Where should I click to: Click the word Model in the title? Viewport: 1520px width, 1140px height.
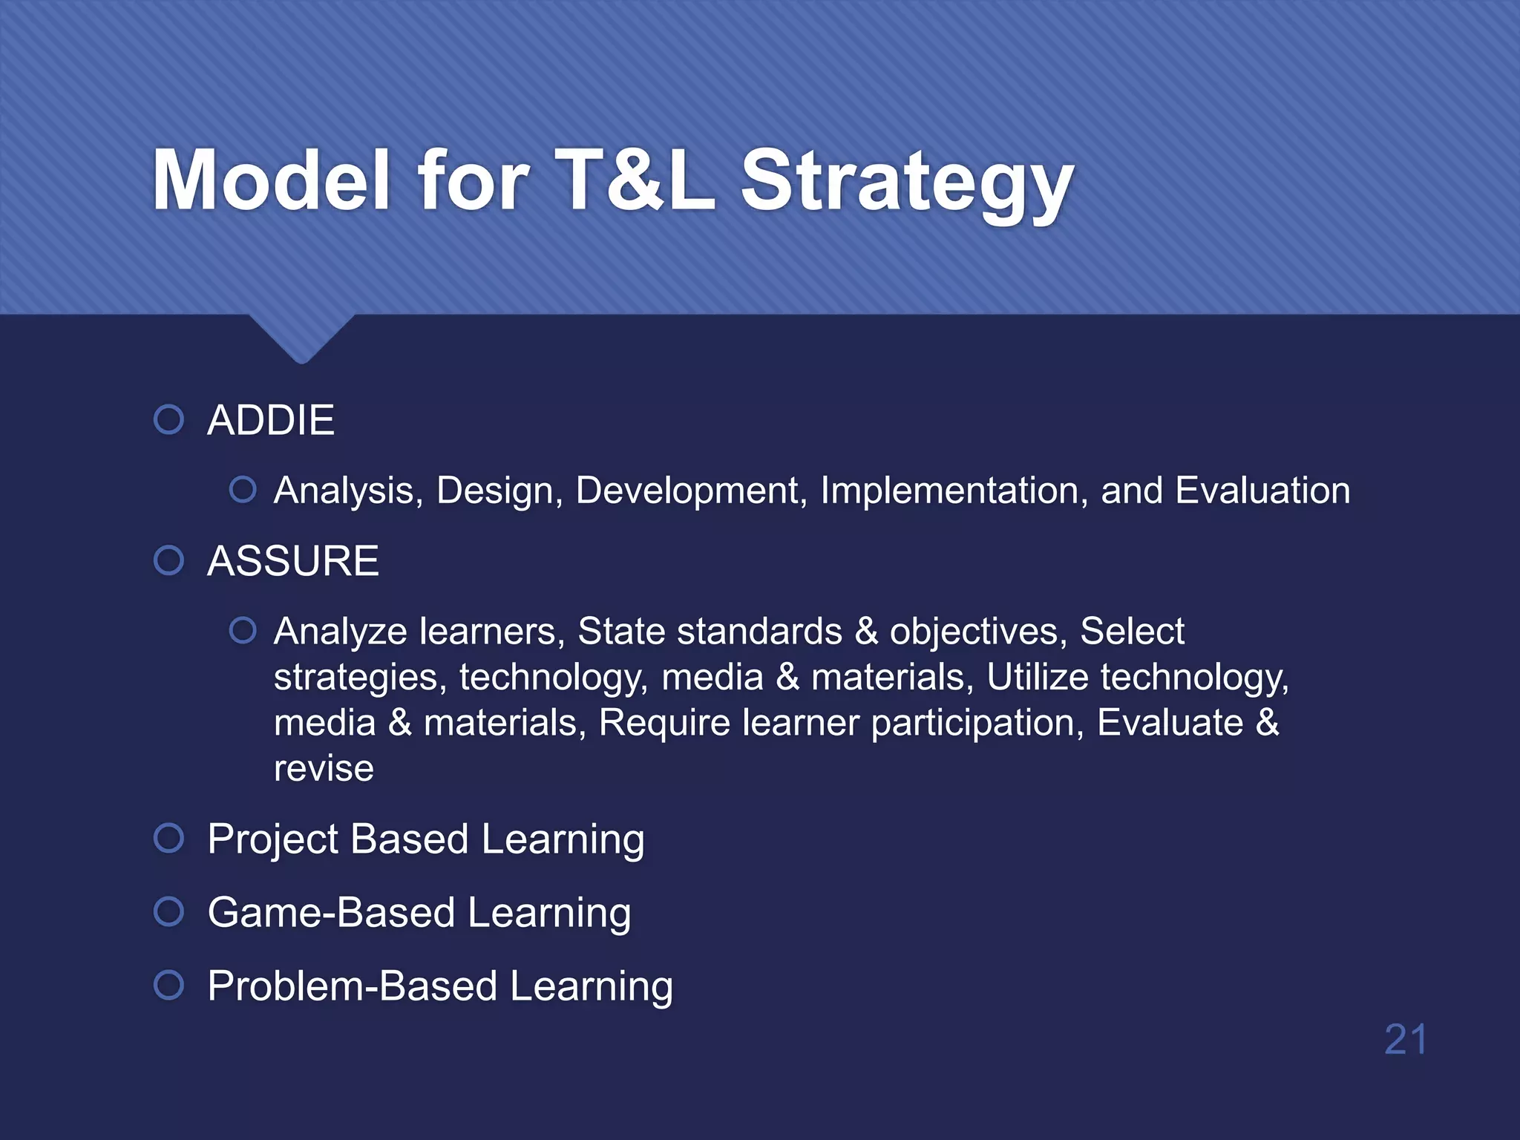(x=271, y=180)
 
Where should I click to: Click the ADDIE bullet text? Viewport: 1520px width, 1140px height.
(x=271, y=420)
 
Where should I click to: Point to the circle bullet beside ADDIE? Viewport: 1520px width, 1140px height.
(x=168, y=419)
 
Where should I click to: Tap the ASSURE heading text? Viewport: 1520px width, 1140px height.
(x=293, y=560)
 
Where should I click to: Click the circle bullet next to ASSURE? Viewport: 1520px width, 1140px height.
(x=168, y=560)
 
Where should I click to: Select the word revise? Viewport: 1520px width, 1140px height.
(x=324, y=768)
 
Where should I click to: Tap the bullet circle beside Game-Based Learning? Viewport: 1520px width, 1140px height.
(x=168, y=911)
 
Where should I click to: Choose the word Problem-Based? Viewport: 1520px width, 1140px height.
(x=353, y=986)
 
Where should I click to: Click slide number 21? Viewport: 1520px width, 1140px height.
(x=1406, y=1039)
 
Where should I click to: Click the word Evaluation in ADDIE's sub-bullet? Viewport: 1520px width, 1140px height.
(x=1262, y=491)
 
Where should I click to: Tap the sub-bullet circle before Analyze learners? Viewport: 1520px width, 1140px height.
(x=243, y=631)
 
